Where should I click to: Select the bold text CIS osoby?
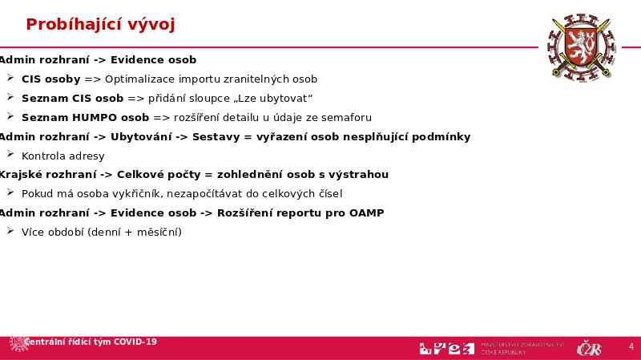pos(50,79)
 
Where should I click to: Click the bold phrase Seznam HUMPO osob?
pos(73,118)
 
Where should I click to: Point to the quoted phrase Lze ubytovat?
pos(273,99)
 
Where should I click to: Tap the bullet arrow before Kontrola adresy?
pos(10,155)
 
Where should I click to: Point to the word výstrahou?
pos(361,175)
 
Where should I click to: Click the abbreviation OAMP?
pos(366,213)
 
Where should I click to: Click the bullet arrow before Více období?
pos(10,231)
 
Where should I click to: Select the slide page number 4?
pos(631,347)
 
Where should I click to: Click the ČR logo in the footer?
pos(590,348)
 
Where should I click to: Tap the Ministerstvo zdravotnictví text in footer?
pos(523,344)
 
